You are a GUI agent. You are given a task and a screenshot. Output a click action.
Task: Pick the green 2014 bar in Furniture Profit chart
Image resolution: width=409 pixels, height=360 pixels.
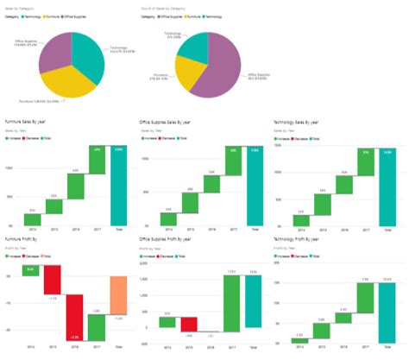pyautogui.click(x=31, y=271)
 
